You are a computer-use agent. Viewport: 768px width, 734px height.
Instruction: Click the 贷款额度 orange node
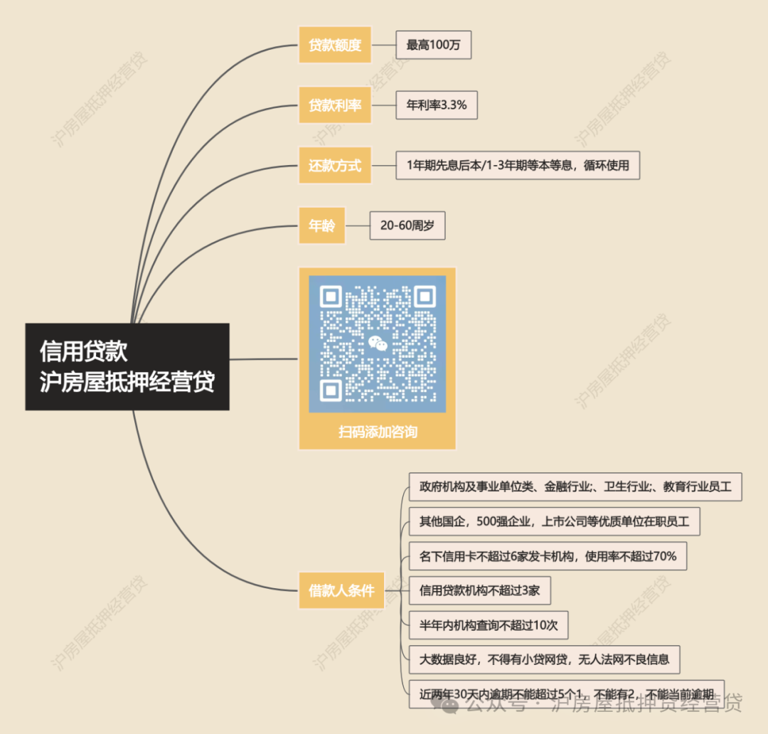click(x=334, y=45)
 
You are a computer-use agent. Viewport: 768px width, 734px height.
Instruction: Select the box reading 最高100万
click(x=433, y=45)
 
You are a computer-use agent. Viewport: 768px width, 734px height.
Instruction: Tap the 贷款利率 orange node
click(x=334, y=105)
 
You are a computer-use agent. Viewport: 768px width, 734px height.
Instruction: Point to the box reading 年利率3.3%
click(x=436, y=105)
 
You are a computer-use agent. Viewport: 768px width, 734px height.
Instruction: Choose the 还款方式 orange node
click(x=334, y=166)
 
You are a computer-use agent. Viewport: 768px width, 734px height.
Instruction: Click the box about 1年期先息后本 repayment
click(x=518, y=166)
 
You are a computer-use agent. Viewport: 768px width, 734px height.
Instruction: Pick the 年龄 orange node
click(x=321, y=226)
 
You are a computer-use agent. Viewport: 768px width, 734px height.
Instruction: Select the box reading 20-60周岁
click(x=407, y=226)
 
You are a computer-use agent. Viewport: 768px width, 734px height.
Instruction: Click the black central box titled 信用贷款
click(x=127, y=367)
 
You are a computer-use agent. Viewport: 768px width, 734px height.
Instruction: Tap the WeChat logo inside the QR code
click(x=378, y=344)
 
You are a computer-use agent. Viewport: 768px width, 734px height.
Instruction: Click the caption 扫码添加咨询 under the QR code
click(x=378, y=431)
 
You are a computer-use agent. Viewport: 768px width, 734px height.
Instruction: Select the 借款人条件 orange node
click(x=341, y=590)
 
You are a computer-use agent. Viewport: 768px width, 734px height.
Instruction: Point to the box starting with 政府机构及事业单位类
click(x=575, y=487)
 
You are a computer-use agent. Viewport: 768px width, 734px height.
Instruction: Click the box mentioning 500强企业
click(x=554, y=521)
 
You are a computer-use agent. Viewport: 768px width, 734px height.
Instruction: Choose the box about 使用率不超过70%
click(x=548, y=556)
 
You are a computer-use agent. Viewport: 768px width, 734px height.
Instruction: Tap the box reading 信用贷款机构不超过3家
click(x=480, y=590)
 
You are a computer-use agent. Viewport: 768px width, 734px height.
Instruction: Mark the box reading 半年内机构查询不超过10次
click(x=489, y=625)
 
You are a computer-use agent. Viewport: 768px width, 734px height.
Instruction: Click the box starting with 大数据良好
click(x=544, y=659)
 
